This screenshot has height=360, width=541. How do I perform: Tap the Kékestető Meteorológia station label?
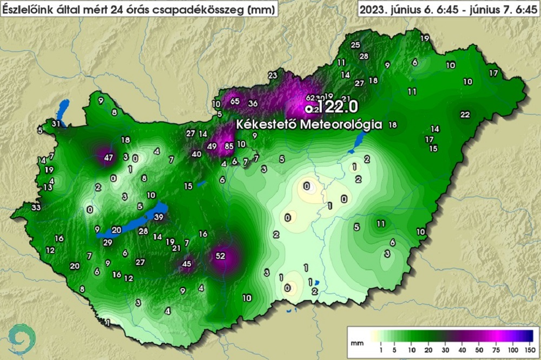pos(309,124)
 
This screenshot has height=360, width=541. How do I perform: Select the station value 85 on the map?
pos(229,145)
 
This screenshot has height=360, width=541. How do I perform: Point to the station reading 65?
pos(235,101)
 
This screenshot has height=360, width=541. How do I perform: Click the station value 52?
pos(221,256)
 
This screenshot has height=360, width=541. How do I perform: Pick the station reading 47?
pos(109,158)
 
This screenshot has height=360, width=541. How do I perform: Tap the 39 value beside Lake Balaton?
pos(159,217)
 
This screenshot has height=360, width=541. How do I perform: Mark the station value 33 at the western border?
pos(36,208)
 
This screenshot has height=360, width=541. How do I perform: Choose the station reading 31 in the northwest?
pos(56,124)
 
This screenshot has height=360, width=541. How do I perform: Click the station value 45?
pos(187,264)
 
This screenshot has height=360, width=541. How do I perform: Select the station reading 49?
pos(212,146)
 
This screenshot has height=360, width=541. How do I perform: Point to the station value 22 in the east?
pos(465,115)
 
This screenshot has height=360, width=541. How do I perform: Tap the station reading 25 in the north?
pos(355,45)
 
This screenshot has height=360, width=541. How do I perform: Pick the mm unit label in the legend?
pos(356,343)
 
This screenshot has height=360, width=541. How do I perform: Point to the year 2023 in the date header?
pos(373,9)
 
